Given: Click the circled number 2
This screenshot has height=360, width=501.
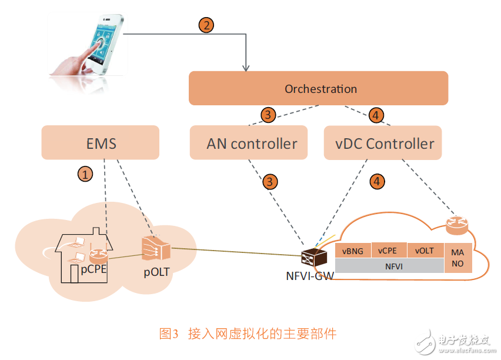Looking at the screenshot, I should point(206,25).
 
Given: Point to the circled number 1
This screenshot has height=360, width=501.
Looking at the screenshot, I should point(86,174).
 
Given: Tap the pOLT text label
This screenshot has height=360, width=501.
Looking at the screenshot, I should point(156,272).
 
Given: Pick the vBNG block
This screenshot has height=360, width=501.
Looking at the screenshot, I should point(353,251).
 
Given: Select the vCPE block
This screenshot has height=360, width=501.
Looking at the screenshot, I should point(389,251).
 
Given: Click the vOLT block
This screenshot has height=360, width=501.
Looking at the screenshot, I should point(424,251).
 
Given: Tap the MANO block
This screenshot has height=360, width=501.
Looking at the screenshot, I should point(457,258).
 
